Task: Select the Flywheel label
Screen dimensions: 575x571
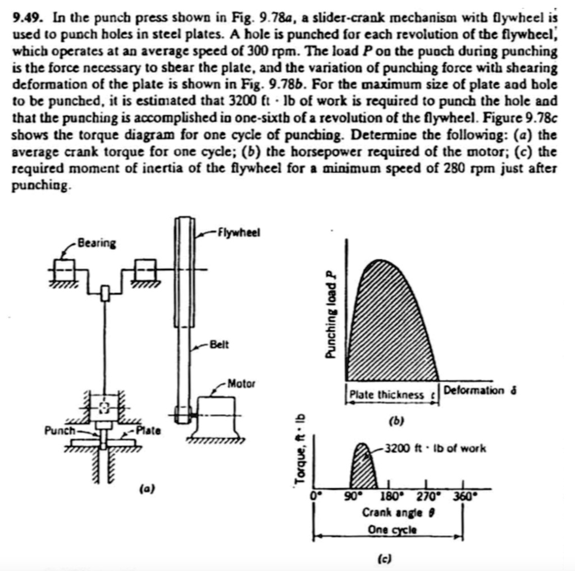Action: click(239, 232)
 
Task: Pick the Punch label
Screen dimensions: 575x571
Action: click(59, 431)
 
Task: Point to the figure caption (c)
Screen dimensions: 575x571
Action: click(385, 559)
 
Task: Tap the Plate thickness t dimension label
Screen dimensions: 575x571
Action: click(391, 394)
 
